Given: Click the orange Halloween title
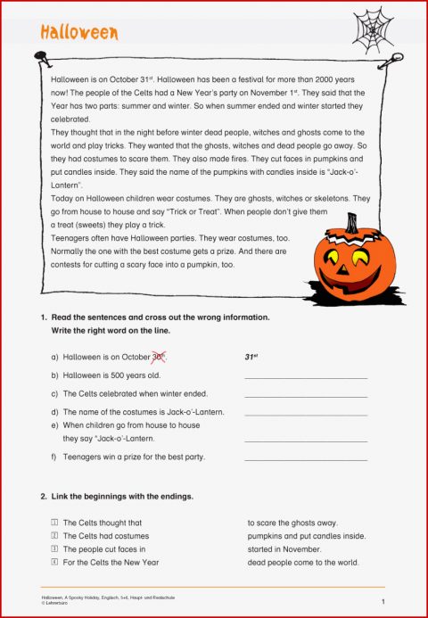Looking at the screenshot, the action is [79, 32].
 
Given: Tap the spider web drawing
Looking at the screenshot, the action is [373, 29].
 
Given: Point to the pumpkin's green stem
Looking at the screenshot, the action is [351, 223].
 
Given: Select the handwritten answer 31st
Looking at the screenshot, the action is [251, 357].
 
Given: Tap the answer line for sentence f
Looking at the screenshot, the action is [305, 460].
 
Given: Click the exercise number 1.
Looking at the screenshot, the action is [43, 317].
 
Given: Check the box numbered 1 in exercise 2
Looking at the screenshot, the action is [54, 523].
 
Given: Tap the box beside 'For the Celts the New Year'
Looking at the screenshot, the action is [54, 563].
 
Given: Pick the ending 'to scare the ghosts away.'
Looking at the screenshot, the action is [292, 523].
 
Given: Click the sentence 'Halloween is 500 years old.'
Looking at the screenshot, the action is [111, 375].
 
